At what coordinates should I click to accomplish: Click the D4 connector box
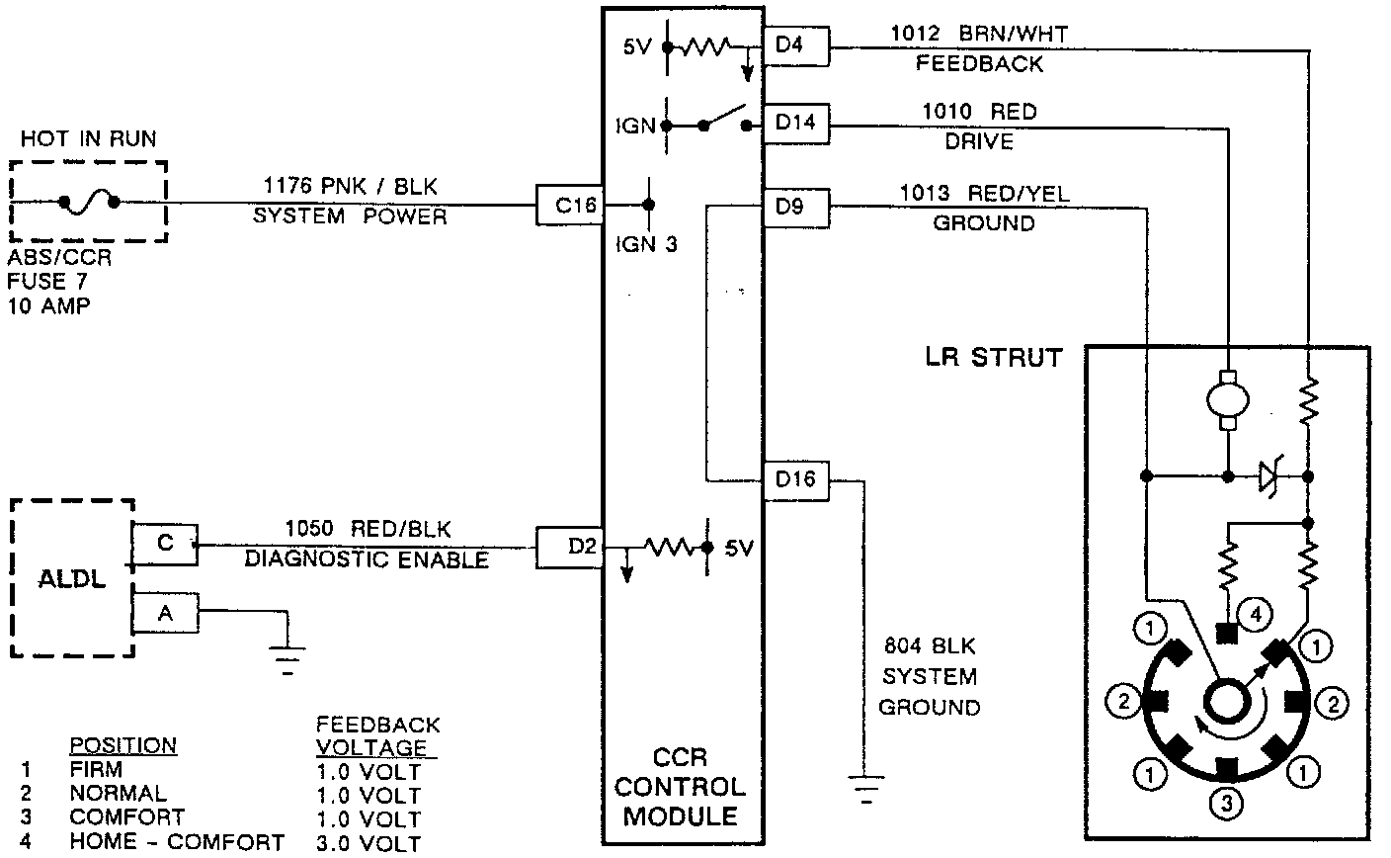796,46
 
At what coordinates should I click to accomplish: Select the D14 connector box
796,125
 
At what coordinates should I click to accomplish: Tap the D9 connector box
796,208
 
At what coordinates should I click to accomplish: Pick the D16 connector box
796,480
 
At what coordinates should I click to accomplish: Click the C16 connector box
569,205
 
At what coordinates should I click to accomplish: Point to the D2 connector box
569,547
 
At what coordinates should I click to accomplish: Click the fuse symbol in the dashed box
89,202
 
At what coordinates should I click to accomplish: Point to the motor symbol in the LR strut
1228,400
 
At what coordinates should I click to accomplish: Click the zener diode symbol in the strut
1270,477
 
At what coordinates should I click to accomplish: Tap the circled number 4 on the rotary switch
1255,615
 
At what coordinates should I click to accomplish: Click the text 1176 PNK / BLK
350,186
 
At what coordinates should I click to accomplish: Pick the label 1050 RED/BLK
368,530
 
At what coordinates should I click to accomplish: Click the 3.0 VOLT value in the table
368,843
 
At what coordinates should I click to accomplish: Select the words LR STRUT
993,358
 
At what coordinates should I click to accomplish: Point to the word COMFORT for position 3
126,817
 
